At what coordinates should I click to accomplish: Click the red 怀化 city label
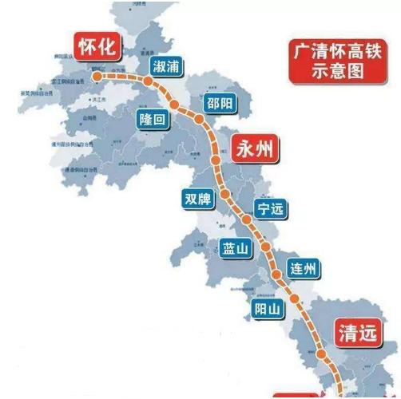[97, 47]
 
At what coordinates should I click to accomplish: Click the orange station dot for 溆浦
[149, 79]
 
